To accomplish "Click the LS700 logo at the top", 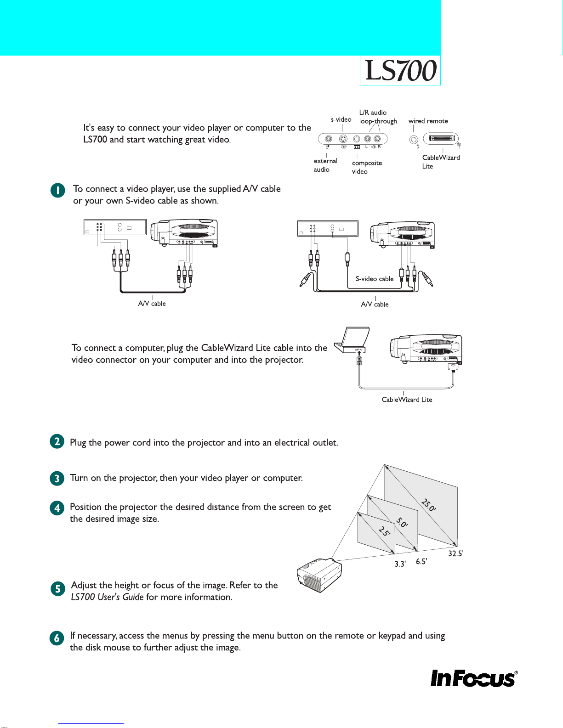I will click(x=400, y=71).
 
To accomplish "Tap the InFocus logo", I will click(x=473, y=678).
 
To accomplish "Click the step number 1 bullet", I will click(x=57, y=191).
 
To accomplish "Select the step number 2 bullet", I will click(x=57, y=442).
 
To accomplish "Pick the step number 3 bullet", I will click(x=57, y=478).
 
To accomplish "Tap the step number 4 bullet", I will click(x=57, y=508).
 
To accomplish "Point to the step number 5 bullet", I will click(x=57, y=589).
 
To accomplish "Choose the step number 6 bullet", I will click(x=57, y=638).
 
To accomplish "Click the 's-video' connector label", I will click(x=341, y=119).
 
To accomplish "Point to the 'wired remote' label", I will click(x=428, y=121).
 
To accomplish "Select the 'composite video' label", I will click(x=367, y=167).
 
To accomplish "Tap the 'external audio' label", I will click(x=325, y=165).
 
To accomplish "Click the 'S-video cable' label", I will click(x=375, y=279).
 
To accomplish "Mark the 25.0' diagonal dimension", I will click(x=428, y=505).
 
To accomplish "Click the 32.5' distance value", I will click(x=455, y=553).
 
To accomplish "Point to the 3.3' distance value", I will click(x=400, y=564).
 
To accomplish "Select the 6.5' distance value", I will click(x=421, y=561).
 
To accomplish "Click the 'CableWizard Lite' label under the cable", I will click(x=407, y=400).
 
